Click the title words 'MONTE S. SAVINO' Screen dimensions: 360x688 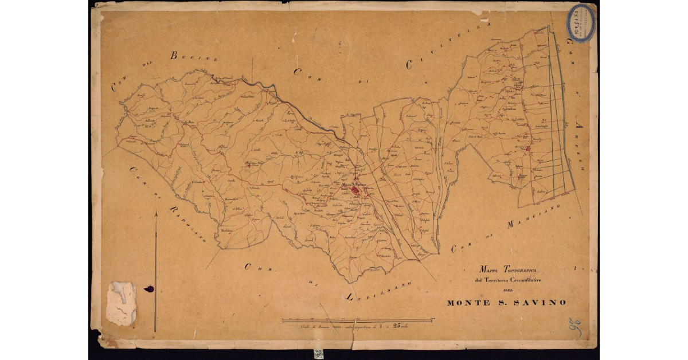click(x=506, y=303)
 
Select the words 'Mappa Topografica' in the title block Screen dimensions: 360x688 click(x=508, y=269)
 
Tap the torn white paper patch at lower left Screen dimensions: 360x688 click(x=121, y=302)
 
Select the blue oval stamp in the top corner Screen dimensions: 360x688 click(x=580, y=23)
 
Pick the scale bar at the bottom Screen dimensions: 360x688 click(x=358, y=320)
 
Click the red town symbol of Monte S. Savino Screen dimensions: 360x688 click(x=355, y=189)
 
